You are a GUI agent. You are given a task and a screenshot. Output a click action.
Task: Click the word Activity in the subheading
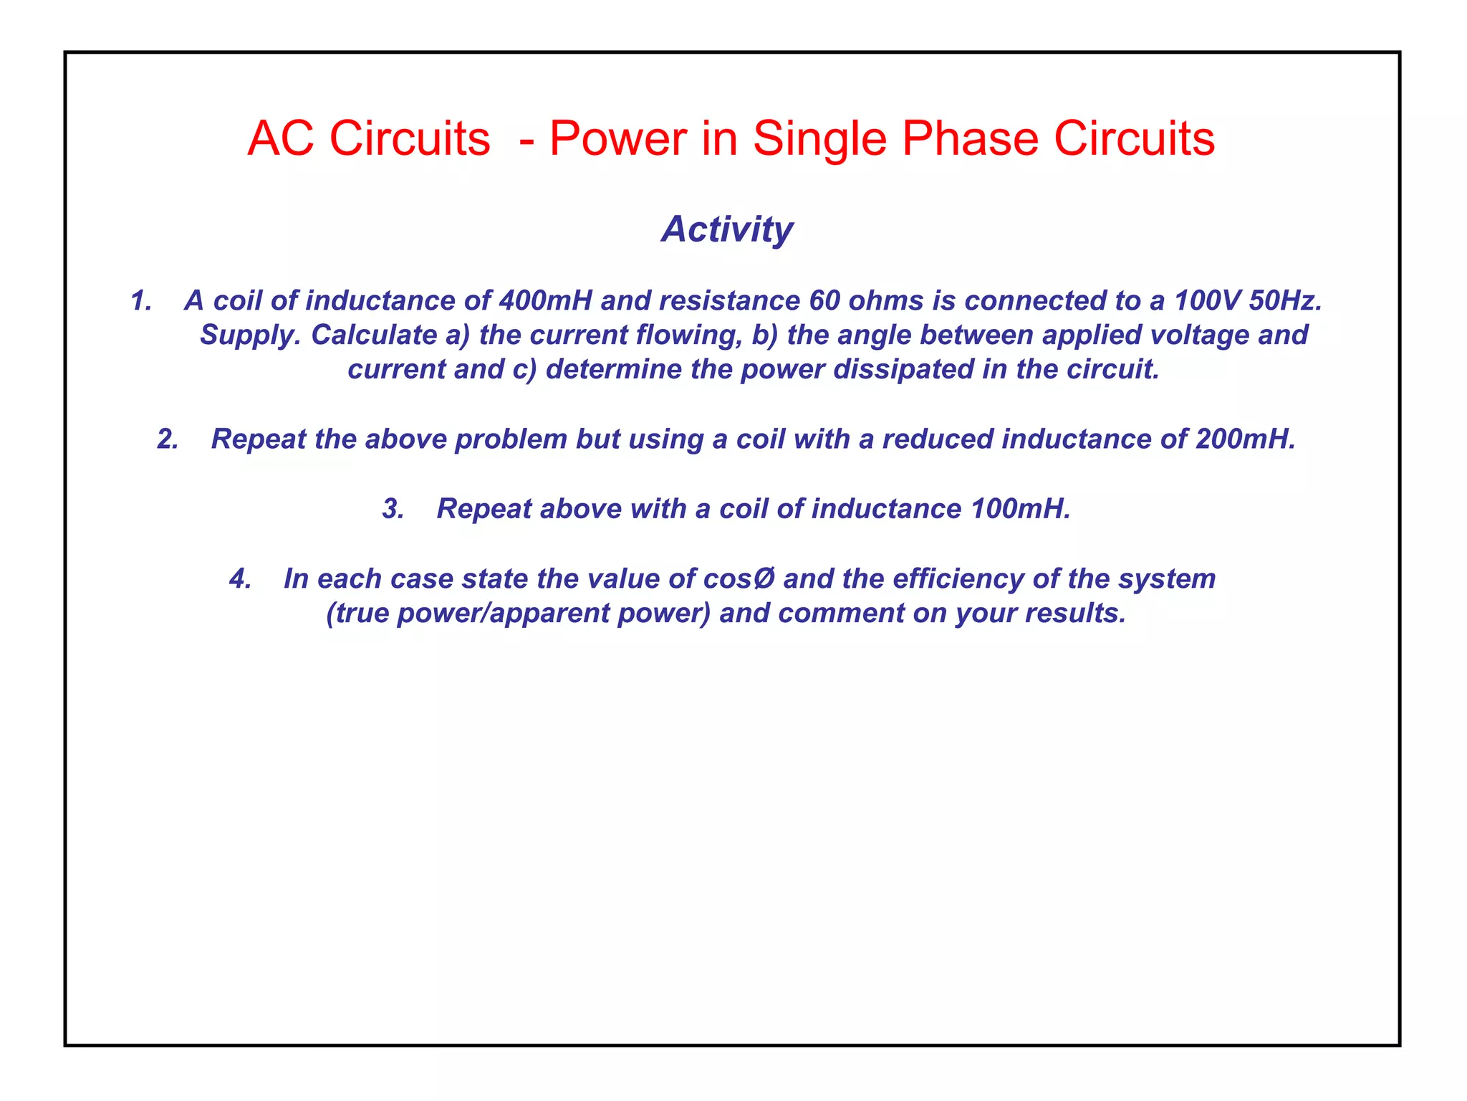[726, 229]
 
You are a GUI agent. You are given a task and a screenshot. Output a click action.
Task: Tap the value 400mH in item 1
[545, 300]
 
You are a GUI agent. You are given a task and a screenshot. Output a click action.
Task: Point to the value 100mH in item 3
[1020, 508]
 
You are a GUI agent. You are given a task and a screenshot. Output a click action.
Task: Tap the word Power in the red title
[617, 138]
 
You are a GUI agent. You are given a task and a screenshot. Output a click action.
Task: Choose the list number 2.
[168, 439]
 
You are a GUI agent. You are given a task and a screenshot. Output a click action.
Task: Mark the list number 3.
[393, 508]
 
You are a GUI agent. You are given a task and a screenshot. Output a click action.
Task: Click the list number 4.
[240, 578]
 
